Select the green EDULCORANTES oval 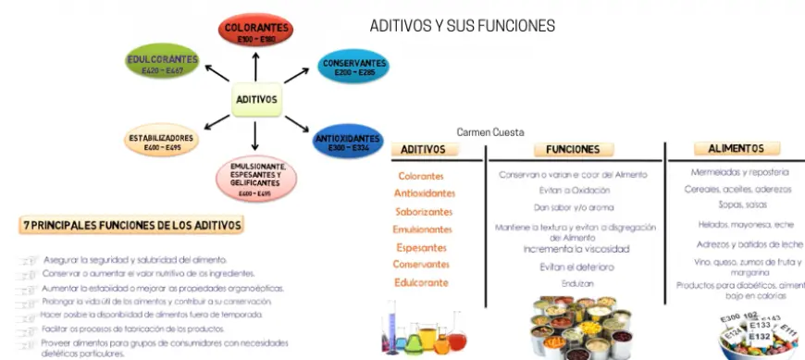[163, 64]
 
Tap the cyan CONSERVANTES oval [354, 67]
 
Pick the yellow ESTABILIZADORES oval [162, 142]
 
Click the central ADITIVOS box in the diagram [256, 100]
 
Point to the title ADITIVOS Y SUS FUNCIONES [463, 26]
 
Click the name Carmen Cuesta [491, 132]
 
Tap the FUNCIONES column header [573, 149]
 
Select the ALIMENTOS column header [736, 148]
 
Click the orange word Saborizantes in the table [423, 211]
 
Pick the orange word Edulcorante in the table [421, 281]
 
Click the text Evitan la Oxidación [574, 190]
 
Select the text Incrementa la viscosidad [576, 249]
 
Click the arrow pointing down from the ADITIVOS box [254, 136]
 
